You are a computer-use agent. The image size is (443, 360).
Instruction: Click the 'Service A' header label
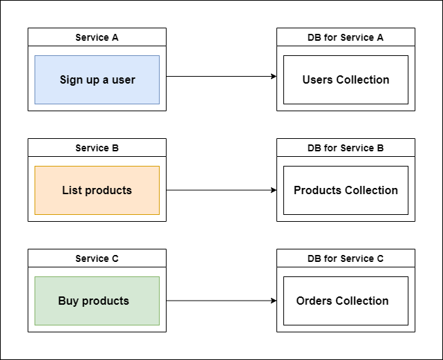click(x=97, y=37)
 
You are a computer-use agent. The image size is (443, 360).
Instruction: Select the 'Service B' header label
click(x=97, y=148)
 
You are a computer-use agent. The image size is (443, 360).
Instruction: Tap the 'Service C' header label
click(x=97, y=258)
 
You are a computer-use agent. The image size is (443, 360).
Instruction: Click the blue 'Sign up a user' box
click(x=97, y=80)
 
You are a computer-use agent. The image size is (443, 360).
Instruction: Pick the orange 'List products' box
click(x=97, y=191)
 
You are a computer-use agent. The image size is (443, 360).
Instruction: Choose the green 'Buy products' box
click(x=97, y=301)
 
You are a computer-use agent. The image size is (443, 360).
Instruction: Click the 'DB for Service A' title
click(x=346, y=37)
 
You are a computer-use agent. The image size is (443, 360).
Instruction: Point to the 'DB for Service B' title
click(x=346, y=148)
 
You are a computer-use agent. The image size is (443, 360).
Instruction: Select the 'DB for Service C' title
click(x=346, y=258)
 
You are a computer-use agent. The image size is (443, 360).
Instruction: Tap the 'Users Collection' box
click(x=346, y=80)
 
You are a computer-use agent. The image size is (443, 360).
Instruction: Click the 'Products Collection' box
click(x=346, y=191)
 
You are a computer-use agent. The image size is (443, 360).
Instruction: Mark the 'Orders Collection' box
click(x=346, y=301)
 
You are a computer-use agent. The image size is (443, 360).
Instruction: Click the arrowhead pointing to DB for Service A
click(x=273, y=77)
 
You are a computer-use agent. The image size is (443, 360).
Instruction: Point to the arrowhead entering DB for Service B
click(x=273, y=190)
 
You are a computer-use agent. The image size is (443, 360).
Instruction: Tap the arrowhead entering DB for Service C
click(x=273, y=301)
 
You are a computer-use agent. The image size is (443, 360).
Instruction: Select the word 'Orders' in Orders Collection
click(x=314, y=301)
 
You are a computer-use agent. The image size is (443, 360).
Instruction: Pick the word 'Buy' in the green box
click(x=68, y=301)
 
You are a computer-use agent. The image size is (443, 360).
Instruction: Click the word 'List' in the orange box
click(x=73, y=191)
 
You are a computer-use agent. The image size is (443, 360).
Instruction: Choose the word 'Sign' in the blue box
click(x=72, y=80)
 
